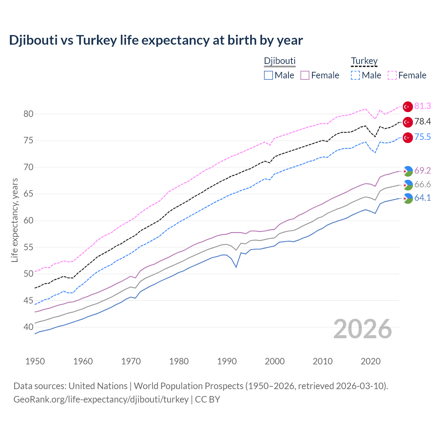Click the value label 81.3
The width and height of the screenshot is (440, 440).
click(422, 106)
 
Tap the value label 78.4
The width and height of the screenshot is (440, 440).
click(422, 122)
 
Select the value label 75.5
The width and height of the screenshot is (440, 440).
click(422, 137)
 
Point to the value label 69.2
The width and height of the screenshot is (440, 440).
click(422, 170)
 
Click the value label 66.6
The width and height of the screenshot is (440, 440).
click(422, 185)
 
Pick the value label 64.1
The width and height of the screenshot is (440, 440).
click(422, 198)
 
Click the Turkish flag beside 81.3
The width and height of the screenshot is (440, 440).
click(408, 107)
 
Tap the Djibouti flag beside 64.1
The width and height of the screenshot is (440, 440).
click(408, 198)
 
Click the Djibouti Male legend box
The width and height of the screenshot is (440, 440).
click(268, 75)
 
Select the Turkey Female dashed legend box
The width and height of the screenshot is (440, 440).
click(392, 75)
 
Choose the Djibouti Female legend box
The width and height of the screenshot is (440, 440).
click(305, 75)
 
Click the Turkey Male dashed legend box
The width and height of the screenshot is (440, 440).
click(355, 75)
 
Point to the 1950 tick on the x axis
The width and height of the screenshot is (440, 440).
click(35, 361)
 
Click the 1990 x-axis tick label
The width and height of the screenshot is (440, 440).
click(227, 361)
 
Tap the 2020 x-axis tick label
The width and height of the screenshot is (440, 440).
click(371, 361)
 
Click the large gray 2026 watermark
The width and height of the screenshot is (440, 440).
click(363, 329)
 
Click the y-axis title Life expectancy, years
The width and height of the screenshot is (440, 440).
click(15, 220)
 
